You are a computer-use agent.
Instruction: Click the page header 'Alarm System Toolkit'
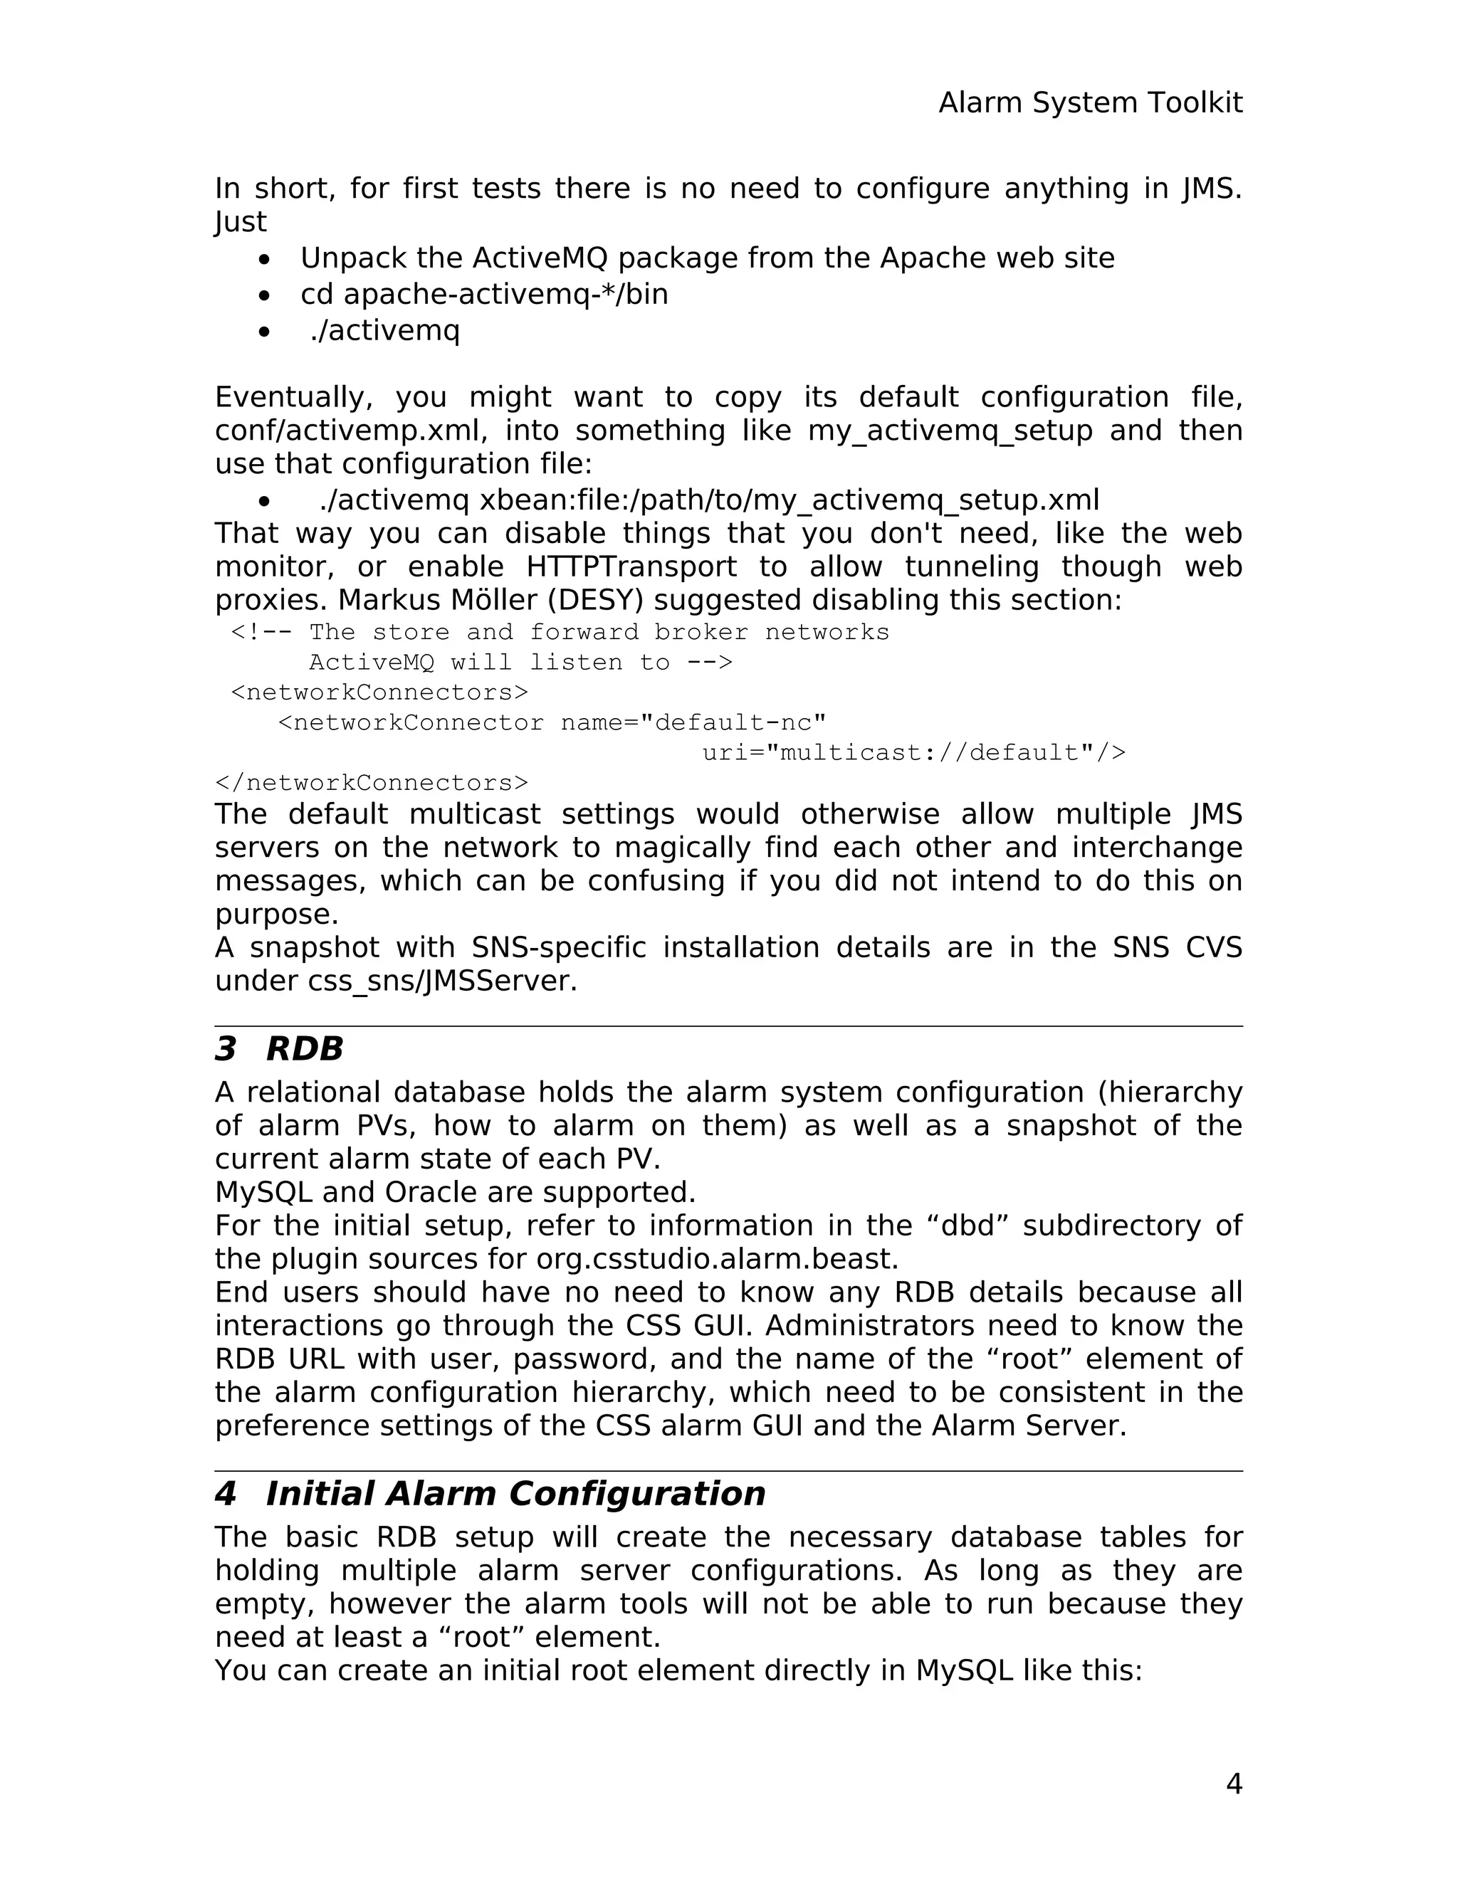coord(1090,102)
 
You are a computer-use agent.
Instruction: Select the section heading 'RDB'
coord(304,1049)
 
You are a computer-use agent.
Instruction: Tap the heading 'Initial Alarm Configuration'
coord(515,1494)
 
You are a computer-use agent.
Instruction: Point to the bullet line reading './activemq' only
coord(385,331)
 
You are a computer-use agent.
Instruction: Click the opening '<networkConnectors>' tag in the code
coord(379,692)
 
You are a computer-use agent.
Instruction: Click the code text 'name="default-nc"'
coord(693,723)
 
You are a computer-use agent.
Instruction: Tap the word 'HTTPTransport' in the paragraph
coord(631,567)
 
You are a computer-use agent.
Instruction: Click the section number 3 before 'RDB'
coord(226,1049)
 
